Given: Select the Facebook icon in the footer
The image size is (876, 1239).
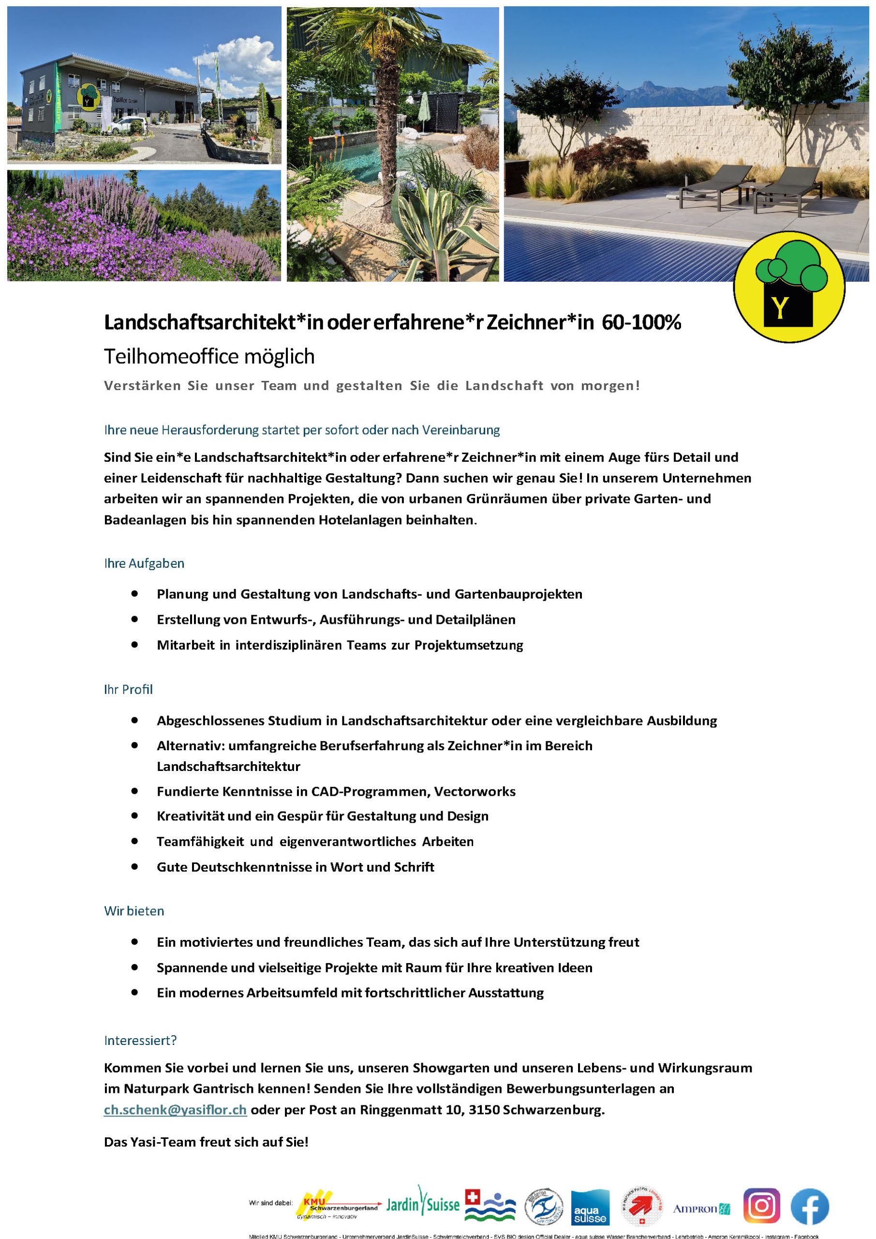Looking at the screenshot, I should click(x=809, y=1206).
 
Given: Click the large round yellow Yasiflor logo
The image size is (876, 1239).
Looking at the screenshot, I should click(x=788, y=287).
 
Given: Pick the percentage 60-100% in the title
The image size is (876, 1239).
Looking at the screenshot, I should click(x=641, y=322).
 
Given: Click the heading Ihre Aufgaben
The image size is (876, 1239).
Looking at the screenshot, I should click(x=144, y=563).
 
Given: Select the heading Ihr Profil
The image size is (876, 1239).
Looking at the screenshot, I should click(x=128, y=690).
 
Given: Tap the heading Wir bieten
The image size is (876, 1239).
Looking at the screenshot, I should click(x=134, y=911).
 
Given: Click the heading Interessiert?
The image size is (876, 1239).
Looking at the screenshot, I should click(x=140, y=1041).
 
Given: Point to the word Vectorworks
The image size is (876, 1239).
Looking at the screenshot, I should click(x=475, y=792).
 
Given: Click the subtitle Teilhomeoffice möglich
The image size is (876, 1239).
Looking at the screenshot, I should click(x=209, y=357).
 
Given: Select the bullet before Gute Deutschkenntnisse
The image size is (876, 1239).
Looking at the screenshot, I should click(x=134, y=867).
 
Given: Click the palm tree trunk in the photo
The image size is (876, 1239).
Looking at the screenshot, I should click(x=388, y=135).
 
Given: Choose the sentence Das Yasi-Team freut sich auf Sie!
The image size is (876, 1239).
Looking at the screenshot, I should click(x=206, y=1142).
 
